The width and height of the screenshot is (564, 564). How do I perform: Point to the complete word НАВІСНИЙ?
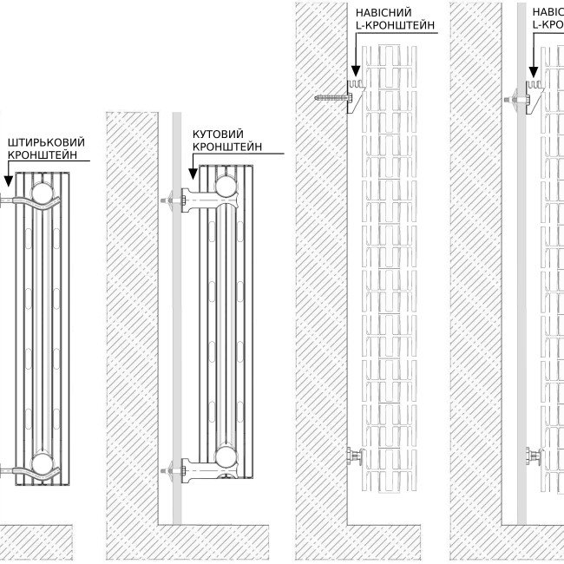click(x=384, y=12)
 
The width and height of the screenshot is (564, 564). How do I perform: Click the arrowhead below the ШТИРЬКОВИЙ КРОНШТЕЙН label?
click(x=8, y=182)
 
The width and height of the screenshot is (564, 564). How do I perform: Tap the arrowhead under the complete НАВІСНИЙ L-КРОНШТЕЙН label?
click(x=354, y=73)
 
